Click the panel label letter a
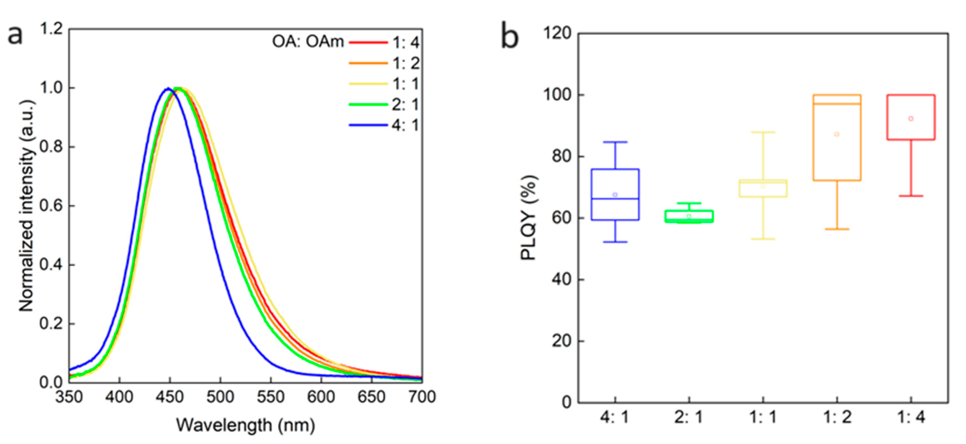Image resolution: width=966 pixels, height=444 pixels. click(15, 36)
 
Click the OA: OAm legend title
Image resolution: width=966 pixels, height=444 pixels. click(307, 42)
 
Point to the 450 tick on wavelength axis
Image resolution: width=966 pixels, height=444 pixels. click(170, 396)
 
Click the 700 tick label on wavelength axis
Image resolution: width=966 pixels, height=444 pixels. click(422, 396)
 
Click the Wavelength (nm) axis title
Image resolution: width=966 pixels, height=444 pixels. click(245, 425)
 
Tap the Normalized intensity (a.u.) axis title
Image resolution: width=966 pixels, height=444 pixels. click(26, 206)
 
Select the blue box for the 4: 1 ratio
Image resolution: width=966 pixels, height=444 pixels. click(615, 195)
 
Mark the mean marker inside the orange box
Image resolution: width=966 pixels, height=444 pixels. click(837, 134)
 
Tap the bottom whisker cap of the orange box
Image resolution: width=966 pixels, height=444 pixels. click(837, 229)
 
